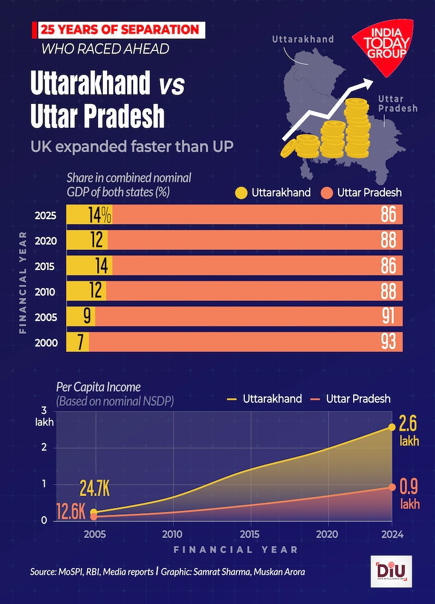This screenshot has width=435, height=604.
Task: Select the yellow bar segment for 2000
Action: pyautogui.click(x=78, y=342)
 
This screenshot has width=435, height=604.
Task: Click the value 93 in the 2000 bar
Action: pyautogui.click(x=388, y=342)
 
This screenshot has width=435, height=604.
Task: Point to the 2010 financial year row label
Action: pyautogui.click(x=45, y=292)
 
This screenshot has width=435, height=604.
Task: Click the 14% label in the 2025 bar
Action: pyautogui.click(x=99, y=215)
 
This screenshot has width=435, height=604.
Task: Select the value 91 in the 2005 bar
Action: pyautogui.click(x=388, y=316)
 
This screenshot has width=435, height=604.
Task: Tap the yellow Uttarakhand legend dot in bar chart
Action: pyautogui.click(x=241, y=192)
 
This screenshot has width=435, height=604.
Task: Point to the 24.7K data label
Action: pyautogui.click(x=95, y=490)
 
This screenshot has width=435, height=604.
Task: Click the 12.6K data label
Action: pyautogui.click(x=71, y=512)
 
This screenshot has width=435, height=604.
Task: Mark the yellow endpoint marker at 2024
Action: pyautogui.click(x=392, y=427)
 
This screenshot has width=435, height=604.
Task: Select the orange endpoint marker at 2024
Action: pyautogui.click(x=392, y=487)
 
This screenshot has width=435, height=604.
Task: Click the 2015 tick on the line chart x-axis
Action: pyautogui.click(x=250, y=533)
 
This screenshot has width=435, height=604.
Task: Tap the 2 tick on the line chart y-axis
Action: pyautogui.click(x=43, y=447)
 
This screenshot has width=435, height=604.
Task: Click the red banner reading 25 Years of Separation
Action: pyautogui.click(x=118, y=29)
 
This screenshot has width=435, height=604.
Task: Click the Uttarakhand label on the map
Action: pyautogui.click(x=303, y=39)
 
